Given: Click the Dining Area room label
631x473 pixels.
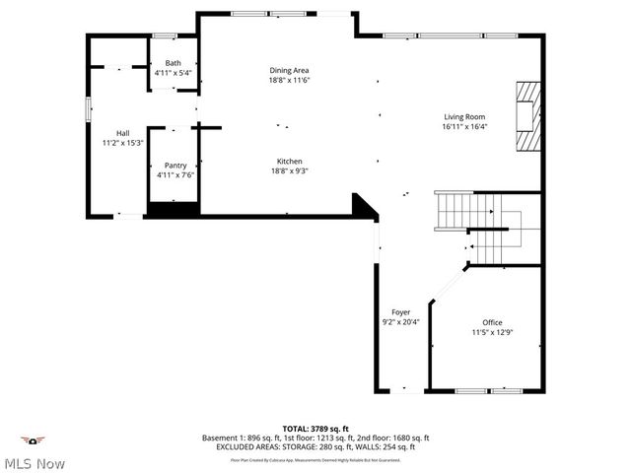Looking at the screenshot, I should coord(290,70).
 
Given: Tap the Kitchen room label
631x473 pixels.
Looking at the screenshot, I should coord(289,161).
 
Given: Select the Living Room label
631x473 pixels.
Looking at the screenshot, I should coord(464,116).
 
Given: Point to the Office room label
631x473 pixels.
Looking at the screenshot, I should coord(492,322).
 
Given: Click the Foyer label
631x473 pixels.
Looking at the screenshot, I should coord(400,312).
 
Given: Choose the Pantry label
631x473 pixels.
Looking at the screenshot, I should coord(175,166).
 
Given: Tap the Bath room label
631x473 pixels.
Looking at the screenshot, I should coord(173,63).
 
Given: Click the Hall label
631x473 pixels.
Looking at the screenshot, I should coord(122,133).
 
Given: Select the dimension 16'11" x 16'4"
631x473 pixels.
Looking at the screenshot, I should coord(464,126).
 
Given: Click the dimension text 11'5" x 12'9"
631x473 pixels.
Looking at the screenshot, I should coord(492,332).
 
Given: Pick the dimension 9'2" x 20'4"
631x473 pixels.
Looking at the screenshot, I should coord(400,322).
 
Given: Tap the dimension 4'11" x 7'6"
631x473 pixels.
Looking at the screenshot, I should coord(175,175).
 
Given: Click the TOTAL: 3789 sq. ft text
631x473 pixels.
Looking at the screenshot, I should coord(315,428).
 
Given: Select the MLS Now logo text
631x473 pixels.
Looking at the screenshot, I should coord(35,462).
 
